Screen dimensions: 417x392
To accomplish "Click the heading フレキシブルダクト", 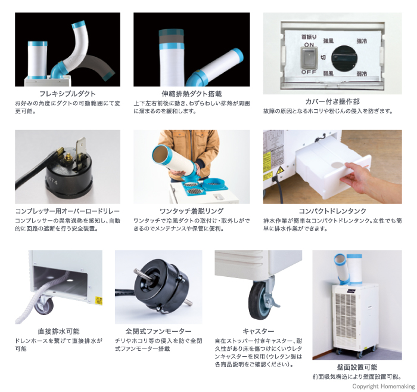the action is click(x=67, y=94).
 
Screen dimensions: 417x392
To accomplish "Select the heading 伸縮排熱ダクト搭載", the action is click(x=191, y=94).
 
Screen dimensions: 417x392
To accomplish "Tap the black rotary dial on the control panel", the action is click(x=344, y=58).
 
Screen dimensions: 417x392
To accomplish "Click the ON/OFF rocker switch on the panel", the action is click(x=309, y=58).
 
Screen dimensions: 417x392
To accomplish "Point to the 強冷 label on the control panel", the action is click(x=362, y=41).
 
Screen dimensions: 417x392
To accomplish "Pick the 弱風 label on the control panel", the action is click(x=328, y=73).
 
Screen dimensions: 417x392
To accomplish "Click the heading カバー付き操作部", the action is click(x=332, y=101).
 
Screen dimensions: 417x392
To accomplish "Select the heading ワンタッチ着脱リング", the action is click(x=191, y=211).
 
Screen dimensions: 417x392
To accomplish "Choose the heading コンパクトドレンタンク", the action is click(x=332, y=211).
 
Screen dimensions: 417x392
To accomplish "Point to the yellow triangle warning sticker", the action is click(x=280, y=171).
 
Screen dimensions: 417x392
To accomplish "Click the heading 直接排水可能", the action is click(x=58, y=331).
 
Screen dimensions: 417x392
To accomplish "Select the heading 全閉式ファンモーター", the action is click(x=158, y=331).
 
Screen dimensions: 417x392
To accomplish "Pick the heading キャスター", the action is click(x=258, y=331).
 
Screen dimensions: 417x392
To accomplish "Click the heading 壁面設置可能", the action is click(x=357, y=368).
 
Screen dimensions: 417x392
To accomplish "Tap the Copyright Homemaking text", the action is click(x=384, y=386).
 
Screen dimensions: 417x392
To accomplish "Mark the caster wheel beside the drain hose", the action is click(x=44, y=304).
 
